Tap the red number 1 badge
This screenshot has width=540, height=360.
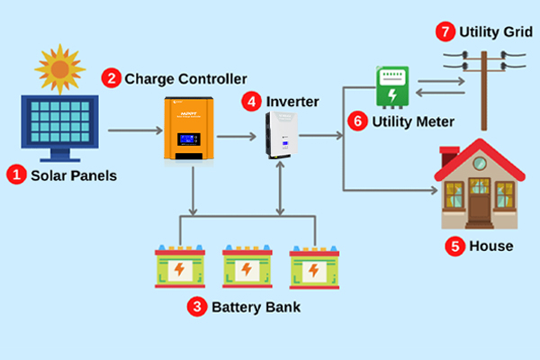pos(16,175)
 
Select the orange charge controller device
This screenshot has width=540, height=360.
pos(192,128)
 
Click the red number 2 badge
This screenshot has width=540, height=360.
pos(112,78)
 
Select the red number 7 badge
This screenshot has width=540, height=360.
pos(445,31)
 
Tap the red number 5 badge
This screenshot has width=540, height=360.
pos(454,246)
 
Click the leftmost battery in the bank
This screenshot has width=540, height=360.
pos(180,265)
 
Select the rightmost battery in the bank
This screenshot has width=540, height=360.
pos(313,265)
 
